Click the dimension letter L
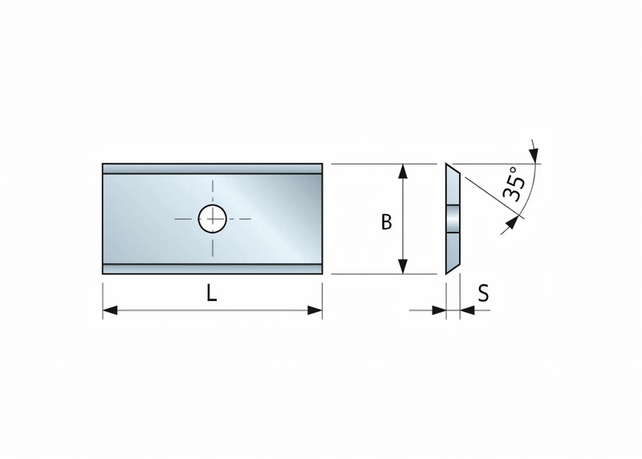click(x=211, y=294)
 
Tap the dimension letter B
click(x=386, y=222)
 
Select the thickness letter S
click(x=483, y=294)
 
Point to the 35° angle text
click(x=514, y=184)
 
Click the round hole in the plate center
click(x=213, y=217)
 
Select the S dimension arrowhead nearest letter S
click(x=466, y=310)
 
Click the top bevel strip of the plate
click(x=213, y=169)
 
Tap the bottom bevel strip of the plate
click(x=213, y=268)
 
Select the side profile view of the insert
click(x=452, y=218)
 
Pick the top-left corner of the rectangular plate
click(x=104, y=165)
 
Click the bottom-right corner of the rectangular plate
click(x=322, y=274)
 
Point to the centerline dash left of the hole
click(x=184, y=218)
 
